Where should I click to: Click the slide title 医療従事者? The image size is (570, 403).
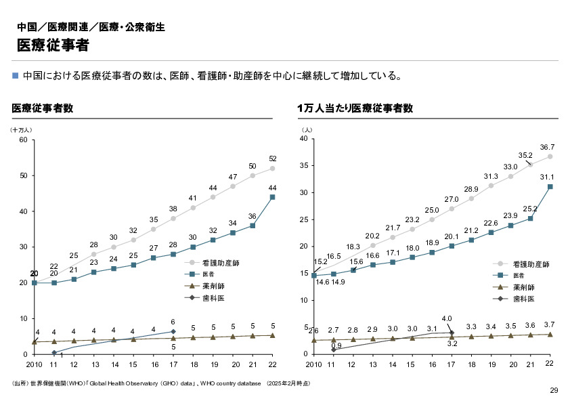(53, 45)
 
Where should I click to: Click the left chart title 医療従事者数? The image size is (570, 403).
(43, 108)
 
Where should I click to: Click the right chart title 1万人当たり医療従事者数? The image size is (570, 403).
(355, 108)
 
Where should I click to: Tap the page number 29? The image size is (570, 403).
(554, 391)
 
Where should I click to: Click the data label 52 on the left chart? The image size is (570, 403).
(273, 158)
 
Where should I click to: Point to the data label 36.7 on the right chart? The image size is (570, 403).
(547, 147)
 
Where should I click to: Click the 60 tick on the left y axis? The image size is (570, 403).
(24, 140)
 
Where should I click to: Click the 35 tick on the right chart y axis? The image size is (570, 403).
(305, 166)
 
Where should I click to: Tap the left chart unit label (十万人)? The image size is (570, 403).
(21, 129)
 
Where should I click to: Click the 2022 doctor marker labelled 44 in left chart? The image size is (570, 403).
(272, 197)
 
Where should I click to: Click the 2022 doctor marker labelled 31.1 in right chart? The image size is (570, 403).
(550, 186)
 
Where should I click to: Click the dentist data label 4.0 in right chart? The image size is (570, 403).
(447, 318)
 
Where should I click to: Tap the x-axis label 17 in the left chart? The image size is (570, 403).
(173, 364)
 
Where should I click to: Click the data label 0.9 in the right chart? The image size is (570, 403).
(336, 345)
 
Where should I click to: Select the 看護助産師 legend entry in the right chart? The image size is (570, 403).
(530, 263)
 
